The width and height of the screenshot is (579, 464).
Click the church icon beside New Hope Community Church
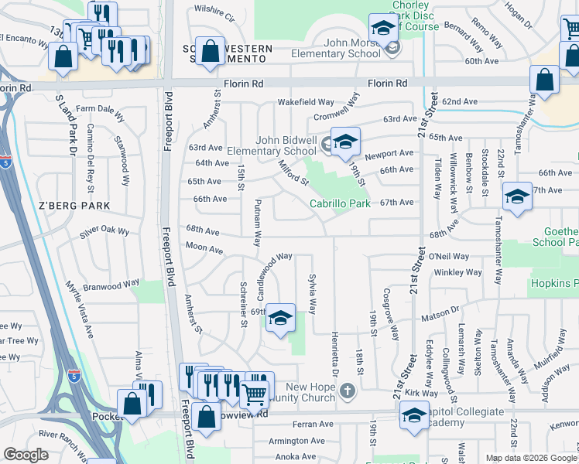[x=347, y=391]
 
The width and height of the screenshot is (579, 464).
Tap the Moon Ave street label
[x=204, y=248]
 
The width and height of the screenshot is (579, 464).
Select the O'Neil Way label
[x=448, y=256]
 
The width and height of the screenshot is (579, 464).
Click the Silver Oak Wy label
[x=104, y=230]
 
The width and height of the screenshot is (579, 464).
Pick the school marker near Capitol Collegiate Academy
[x=414, y=415]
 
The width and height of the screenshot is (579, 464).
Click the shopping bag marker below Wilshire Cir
[x=210, y=52]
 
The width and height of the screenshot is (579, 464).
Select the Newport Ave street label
[x=389, y=154]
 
